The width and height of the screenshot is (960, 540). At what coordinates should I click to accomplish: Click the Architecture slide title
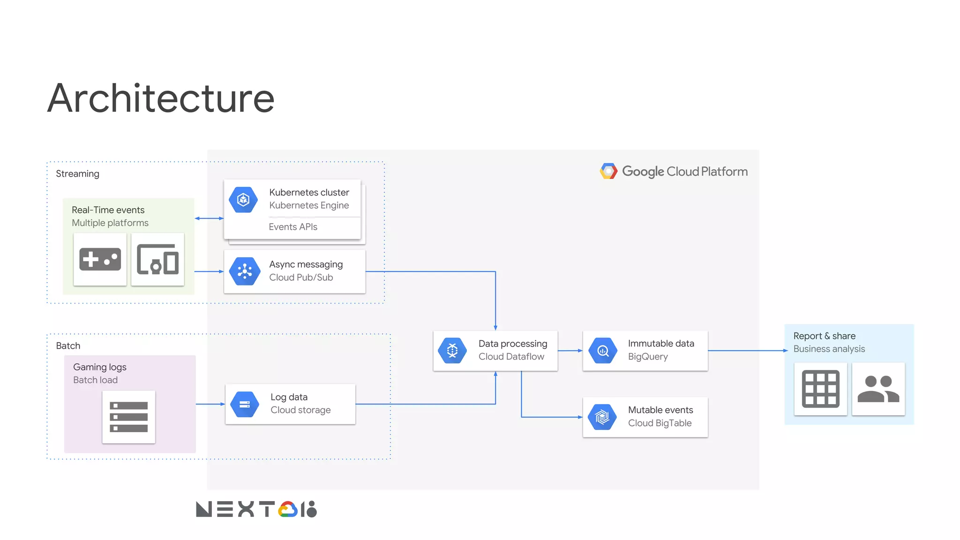pyautogui.click(x=161, y=98)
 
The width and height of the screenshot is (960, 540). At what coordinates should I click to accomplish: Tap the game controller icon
pyautogui.click(x=100, y=259)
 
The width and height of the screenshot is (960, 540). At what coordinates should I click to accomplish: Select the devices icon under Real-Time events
pyautogui.click(x=157, y=259)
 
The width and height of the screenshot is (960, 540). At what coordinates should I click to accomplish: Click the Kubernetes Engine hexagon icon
pyautogui.click(x=243, y=200)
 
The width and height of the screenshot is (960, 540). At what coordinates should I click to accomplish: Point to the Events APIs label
pyautogui.click(x=293, y=227)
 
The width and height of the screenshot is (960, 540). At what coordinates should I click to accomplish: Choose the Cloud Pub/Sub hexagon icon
pyautogui.click(x=245, y=271)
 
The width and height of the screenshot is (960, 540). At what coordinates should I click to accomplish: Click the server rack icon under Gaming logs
pyautogui.click(x=128, y=417)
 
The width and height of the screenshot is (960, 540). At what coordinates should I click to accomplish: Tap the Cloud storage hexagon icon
pyautogui.click(x=245, y=404)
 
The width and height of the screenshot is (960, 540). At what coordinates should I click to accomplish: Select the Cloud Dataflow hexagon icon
pyautogui.click(x=452, y=351)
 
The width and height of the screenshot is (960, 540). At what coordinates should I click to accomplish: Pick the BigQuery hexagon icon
pyautogui.click(x=603, y=351)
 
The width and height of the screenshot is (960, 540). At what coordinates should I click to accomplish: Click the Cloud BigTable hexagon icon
pyautogui.click(x=602, y=417)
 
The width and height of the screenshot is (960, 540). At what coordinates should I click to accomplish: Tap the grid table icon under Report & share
pyautogui.click(x=820, y=389)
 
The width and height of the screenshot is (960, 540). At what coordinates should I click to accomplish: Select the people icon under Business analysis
pyautogui.click(x=878, y=389)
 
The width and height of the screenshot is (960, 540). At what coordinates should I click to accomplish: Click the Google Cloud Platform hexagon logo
pyautogui.click(x=608, y=171)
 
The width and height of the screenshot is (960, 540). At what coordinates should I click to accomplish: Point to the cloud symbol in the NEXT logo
pyautogui.click(x=288, y=509)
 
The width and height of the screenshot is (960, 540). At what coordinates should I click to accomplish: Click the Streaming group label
pyautogui.click(x=77, y=174)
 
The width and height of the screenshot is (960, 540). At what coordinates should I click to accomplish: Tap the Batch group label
pyautogui.click(x=68, y=346)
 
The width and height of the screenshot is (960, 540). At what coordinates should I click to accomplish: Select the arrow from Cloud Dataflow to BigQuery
pyautogui.click(x=570, y=351)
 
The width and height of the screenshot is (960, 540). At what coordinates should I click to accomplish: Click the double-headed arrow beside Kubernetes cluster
pyautogui.click(x=209, y=218)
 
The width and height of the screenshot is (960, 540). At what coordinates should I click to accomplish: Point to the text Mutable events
pyautogui.click(x=660, y=410)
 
